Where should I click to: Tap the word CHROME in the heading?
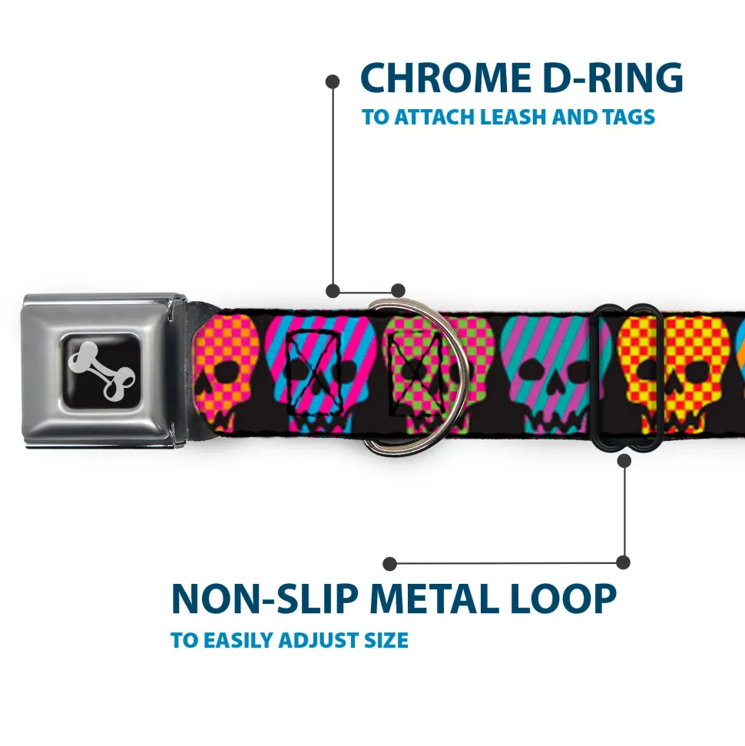446,78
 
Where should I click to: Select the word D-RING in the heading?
613,78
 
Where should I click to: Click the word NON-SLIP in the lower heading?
264,598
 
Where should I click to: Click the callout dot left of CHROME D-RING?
333,82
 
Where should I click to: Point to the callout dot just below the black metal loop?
624,460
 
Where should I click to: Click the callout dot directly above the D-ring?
398,290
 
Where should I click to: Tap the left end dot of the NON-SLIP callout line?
389,564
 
